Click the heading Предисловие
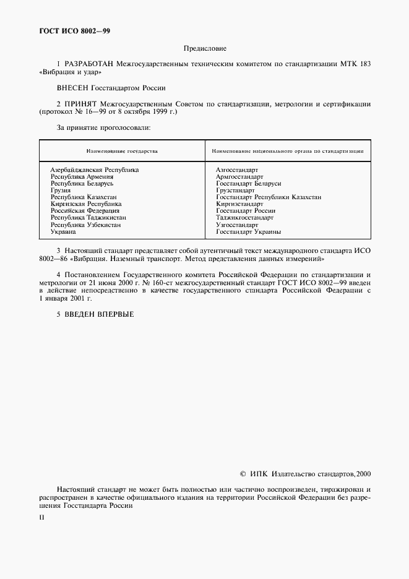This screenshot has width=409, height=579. (205, 48)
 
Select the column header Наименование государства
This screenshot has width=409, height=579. (122, 151)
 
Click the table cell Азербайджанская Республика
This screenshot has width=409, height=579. (94, 169)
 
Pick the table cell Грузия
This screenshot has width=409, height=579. (61, 191)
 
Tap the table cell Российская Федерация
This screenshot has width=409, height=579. (85, 211)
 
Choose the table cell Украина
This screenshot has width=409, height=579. (63, 232)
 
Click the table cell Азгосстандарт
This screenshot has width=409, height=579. (237, 169)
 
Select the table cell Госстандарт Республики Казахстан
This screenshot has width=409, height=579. (269, 197)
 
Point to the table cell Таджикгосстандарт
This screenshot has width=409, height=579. (244, 218)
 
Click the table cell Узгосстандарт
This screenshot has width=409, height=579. (237, 225)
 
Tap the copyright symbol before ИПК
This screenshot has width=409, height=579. (243, 474)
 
